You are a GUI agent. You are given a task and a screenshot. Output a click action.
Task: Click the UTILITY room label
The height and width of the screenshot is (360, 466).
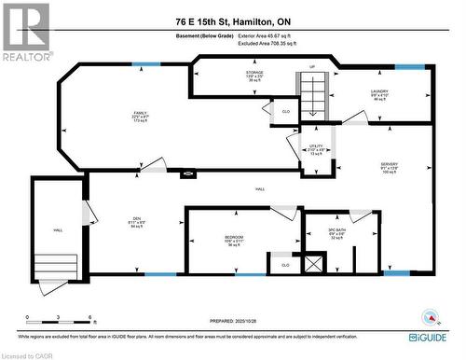tap(316, 150)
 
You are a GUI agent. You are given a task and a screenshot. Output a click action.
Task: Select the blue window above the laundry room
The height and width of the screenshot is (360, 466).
tap(407, 67)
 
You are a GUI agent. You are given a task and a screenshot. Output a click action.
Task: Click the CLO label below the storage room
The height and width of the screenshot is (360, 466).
tap(285, 112)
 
